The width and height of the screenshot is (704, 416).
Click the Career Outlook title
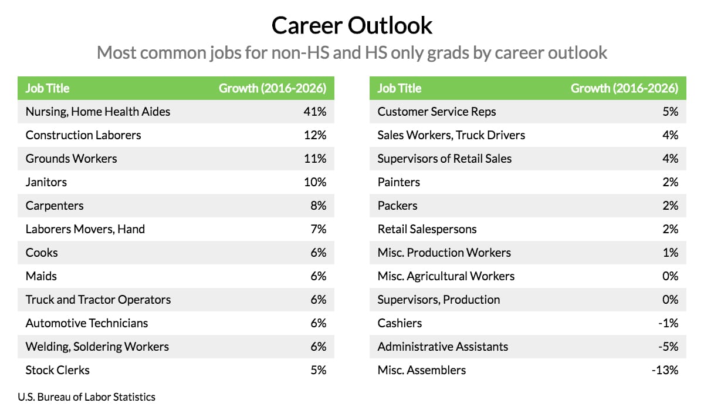pyautogui.click(x=352, y=25)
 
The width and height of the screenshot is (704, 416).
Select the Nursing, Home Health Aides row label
pyautogui.click(x=98, y=112)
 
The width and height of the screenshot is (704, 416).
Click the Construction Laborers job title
pyautogui.click(x=83, y=135)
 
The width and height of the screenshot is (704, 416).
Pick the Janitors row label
pyautogui.click(x=46, y=182)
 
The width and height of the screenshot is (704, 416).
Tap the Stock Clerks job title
pyautogui.click(x=57, y=370)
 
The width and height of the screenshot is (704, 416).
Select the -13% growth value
pyautogui.click(x=666, y=370)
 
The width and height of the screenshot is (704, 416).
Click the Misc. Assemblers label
pyautogui.click(x=422, y=370)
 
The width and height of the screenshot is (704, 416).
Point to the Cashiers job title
pyautogui.click(x=400, y=323)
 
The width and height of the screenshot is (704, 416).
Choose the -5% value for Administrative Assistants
pyautogui.click(x=668, y=347)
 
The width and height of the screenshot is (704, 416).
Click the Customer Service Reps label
pyautogui.click(x=436, y=112)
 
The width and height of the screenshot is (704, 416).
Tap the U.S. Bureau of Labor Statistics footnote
pyautogui.click(x=87, y=397)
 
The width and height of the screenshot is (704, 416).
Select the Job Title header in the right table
pyautogui.click(x=400, y=88)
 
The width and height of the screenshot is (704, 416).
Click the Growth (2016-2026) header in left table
pyautogui.click(x=272, y=88)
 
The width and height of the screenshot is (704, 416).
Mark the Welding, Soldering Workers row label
pyautogui.click(x=97, y=347)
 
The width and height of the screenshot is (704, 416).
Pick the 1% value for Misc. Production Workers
pyautogui.click(x=671, y=253)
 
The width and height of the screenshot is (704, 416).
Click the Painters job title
pyautogui.click(x=399, y=182)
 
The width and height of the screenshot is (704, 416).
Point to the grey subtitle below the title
pyautogui.click(x=352, y=53)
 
